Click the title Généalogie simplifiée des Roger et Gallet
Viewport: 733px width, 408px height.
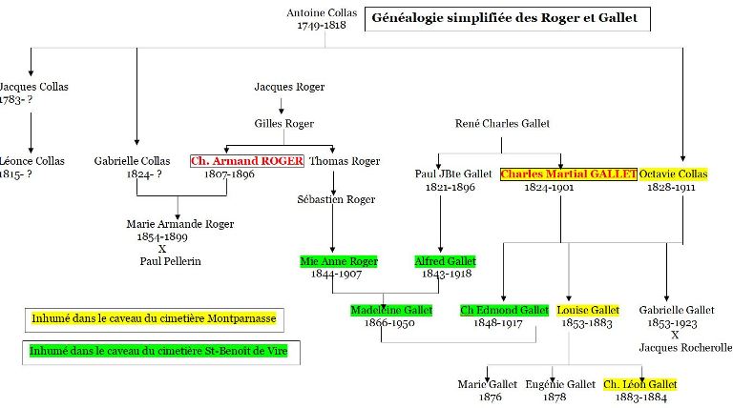[x=509, y=18]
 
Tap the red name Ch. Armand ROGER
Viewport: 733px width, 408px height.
[x=247, y=161]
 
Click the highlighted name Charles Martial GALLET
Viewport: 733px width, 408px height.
[x=568, y=174]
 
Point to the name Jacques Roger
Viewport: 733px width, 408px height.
[x=283, y=87]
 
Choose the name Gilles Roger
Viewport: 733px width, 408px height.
[x=283, y=124]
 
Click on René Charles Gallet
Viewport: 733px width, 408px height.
[x=503, y=124]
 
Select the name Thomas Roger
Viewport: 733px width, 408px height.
[x=345, y=161]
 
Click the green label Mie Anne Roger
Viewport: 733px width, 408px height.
[x=339, y=261]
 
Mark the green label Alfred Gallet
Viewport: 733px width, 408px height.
[x=444, y=261]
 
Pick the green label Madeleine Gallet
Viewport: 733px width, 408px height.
[x=391, y=310]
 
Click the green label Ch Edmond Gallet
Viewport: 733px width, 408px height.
[x=504, y=310]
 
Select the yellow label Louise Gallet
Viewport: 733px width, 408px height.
[x=588, y=310]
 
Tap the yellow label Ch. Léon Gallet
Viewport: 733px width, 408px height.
[x=639, y=384]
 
